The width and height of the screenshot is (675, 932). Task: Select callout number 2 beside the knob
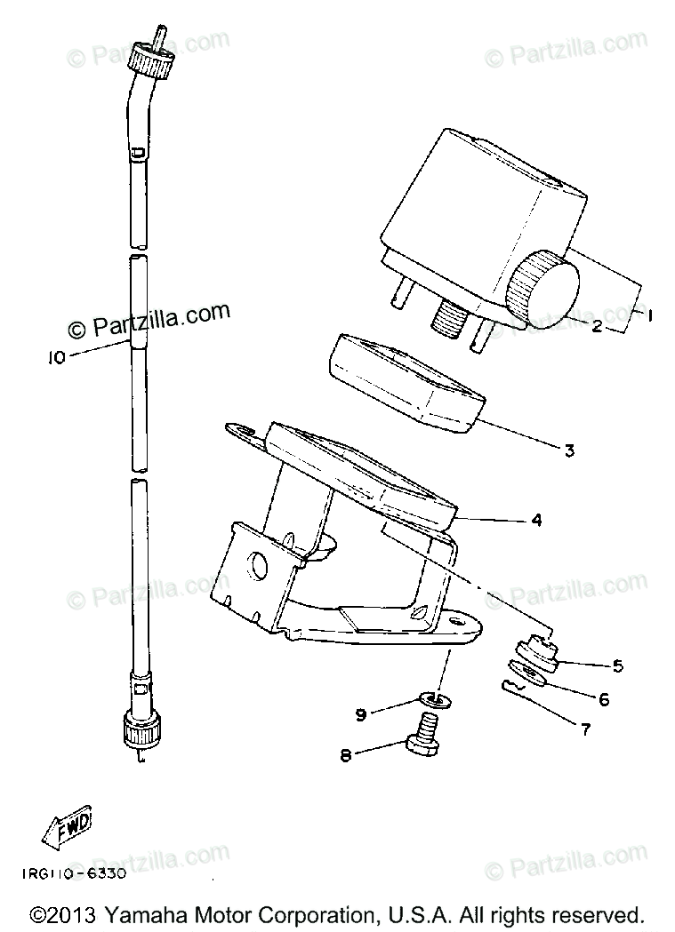(x=598, y=326)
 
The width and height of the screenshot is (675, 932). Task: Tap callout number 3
(x=569, y=450)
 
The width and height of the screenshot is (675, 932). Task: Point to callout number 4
(x=536, y=521)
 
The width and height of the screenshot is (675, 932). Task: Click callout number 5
(x=617, y=665)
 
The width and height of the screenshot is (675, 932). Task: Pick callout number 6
(x=605, y=699)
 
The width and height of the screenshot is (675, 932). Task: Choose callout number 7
(x=584, y=731)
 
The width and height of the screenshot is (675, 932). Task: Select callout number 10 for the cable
(x=57, y=358)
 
